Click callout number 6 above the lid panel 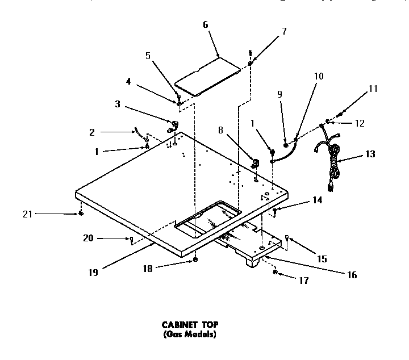(205, 24)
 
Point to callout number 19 (93, 272)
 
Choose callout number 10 (318, 76)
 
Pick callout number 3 (117, 104)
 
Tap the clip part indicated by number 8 (255, 163)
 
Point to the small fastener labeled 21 (81, 214)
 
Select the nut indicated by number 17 (275, 273)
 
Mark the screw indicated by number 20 (131, 240)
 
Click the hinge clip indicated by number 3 (172, 125)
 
